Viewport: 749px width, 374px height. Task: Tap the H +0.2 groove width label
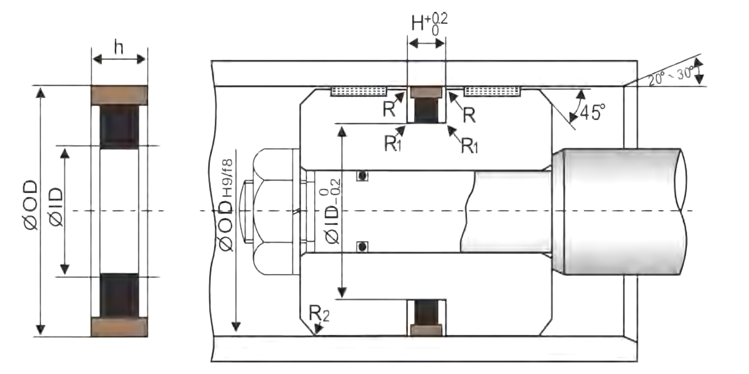click(x=429, y=24)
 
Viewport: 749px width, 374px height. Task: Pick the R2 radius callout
click(x=319, y=314)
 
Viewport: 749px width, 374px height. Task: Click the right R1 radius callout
click(x=470, y=146)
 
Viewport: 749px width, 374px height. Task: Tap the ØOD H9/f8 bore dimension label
click(x=226, y=205)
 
